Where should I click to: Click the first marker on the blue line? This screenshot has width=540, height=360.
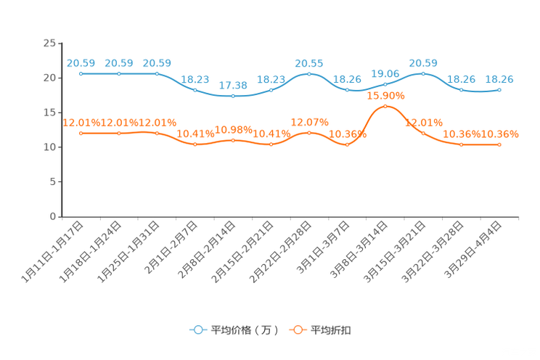coord(81,73)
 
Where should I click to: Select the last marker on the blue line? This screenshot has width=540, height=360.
coord(499,89)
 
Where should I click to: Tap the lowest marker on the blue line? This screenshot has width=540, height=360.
coord(233,97)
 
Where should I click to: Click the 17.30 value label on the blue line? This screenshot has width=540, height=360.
coord(233,85)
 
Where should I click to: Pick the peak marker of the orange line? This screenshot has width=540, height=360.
coord(385,106)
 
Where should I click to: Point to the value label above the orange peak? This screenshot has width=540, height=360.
coord(385,95)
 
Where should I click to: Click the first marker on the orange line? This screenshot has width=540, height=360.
coord(81,133)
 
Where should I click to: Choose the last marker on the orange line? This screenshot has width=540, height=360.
coord(499,145)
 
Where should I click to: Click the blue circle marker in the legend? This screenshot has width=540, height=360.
coord(197,330)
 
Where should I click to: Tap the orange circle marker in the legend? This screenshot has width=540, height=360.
coord(298,330)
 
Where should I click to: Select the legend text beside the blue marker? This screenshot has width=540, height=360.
coord(244,330)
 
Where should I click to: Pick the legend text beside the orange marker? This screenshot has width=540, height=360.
coord(332,330)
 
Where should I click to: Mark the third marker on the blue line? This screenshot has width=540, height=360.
coord(157,73)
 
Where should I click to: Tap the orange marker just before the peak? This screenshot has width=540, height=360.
coord(348,145)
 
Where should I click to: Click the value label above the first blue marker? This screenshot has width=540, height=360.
coord(81,63)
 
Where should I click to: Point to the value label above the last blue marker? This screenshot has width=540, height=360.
coord(499,78)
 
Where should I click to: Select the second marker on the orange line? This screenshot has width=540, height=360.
coord(119,133)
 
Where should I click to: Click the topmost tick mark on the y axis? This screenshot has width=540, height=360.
coord(60,43)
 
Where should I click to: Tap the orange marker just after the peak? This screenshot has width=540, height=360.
coord(423,133)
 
